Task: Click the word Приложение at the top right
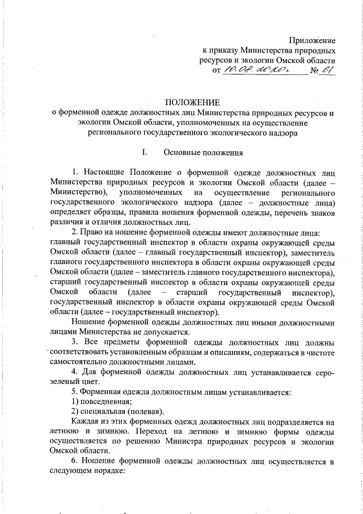click(313, 40)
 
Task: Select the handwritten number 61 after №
click(327, 70)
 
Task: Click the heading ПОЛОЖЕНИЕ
click(192, 102)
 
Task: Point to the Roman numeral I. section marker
click(145, 152)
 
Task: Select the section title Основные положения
click(203, 152)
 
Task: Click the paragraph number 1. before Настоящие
click(75, 172)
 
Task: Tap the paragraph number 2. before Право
click(75, 232)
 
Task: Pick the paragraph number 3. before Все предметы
click(75, 342)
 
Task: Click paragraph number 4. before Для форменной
click(75, 371)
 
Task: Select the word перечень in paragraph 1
click(285, 212)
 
